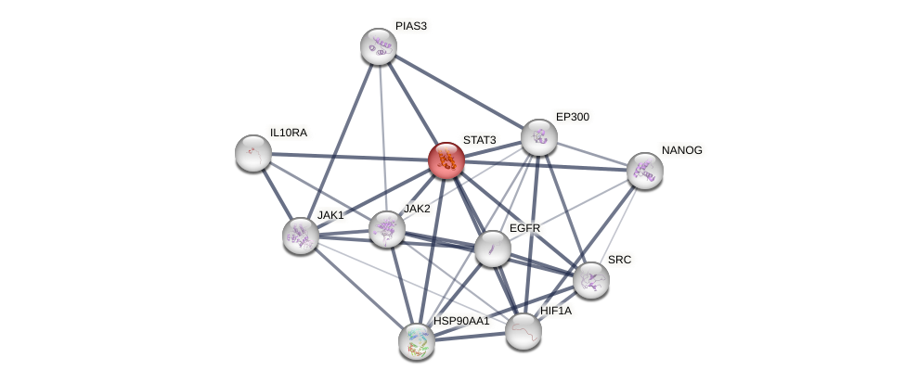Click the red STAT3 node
[446, 160]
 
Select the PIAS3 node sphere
[379, 46]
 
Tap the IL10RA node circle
[252, 153]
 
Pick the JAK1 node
[300, 235]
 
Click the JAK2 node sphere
[387, 229]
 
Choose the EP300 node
[538, 137]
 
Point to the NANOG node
[644, 171]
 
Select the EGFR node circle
[492, 248]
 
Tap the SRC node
[590, 279]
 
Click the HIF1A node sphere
[524, 330]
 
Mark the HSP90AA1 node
[416, 340]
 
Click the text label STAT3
[480, 140]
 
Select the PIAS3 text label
[410, 26]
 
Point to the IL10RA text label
[288, 133]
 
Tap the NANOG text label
[682, 150]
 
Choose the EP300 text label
[572, 117]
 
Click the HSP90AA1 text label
[461, 321]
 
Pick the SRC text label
[619, 260]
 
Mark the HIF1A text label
[556, 311]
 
